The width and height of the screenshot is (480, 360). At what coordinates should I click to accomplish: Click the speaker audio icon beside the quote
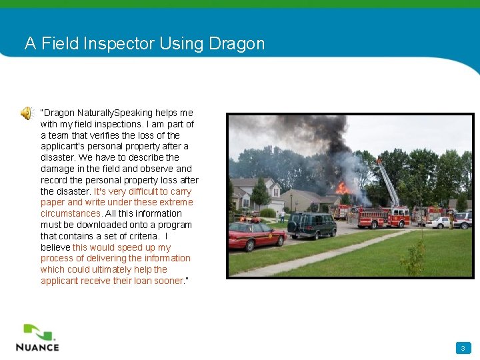pyautogui.click(x=26, y=113)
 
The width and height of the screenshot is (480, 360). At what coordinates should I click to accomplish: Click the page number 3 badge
pyautogui.click(x=463, y=348)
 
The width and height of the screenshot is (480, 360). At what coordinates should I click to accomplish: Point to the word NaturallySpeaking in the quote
pyautogui.click(x=115, y=113)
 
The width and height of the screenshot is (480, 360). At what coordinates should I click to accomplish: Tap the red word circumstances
pyautogui.click(x=71, y=213)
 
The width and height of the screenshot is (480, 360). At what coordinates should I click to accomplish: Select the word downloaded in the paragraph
pyautogui.click(x=93, y=225)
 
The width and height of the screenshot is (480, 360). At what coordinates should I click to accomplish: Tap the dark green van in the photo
pyautogui.click(x=312, y=225)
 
